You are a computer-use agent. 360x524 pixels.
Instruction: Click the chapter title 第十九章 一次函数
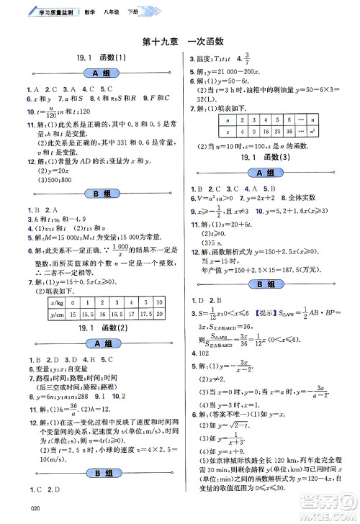(x=180, y=42)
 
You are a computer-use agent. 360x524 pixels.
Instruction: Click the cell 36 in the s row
(x=301, y=131)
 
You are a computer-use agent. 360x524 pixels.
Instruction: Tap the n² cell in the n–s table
(x=338, y=131)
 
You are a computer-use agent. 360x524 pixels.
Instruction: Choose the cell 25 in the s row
(x=284, y=131)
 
